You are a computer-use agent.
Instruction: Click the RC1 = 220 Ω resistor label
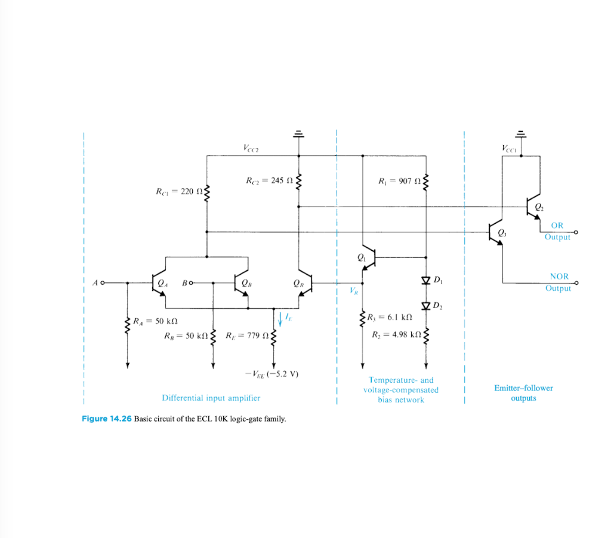[178, 192]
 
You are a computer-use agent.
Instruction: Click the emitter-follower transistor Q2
[532, 207]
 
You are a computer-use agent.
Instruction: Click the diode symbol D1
[426, 280]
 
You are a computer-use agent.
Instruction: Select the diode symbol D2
[426, 306]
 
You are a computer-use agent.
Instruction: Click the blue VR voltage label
[354, 292]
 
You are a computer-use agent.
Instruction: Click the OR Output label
[557, 231]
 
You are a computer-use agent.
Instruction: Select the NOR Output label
[558, 282]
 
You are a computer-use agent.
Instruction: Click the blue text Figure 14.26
[106, 419]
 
